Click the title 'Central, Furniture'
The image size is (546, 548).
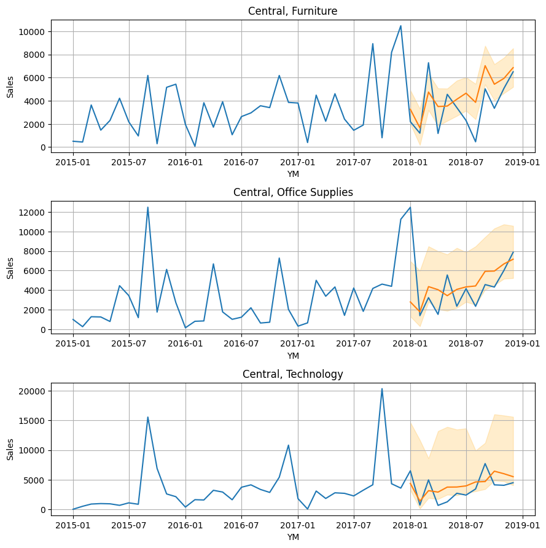(292, 11)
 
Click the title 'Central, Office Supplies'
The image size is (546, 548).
(292, 192)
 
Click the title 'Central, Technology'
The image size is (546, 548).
(292, 374)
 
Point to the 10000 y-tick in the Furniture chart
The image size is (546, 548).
(31, 32)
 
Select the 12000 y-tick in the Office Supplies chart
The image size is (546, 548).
(31, 213)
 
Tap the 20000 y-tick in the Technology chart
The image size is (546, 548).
(31, 391)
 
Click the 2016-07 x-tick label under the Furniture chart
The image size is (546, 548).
(241, 163)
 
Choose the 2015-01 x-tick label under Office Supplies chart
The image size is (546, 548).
(72, 345)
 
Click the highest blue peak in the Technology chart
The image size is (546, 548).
(382, 388)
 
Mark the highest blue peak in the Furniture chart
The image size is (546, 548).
(400, 26)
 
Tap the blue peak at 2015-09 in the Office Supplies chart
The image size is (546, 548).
(147, 207)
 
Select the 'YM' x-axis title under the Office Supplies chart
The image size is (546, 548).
(292, 356)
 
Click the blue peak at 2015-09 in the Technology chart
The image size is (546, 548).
(147, 417)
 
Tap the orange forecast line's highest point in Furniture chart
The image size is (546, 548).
(485, 66)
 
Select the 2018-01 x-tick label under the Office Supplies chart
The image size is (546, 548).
(410, 345)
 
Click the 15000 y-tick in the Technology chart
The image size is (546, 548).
(31, 421)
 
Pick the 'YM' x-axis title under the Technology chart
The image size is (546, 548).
(292, 537)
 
